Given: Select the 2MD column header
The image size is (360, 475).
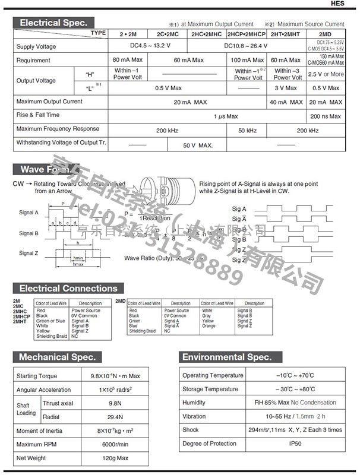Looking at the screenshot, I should [326, 34].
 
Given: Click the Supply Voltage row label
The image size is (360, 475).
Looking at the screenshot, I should [37, 47].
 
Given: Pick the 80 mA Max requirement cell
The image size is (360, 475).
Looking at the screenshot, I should [128, 60].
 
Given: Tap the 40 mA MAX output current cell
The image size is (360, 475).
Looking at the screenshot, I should [287, 102].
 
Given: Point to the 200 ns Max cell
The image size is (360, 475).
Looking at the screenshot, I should [326, 116].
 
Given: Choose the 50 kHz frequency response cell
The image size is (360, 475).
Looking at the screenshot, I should [247, 129].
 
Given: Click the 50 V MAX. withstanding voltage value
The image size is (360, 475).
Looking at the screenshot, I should [197, 145].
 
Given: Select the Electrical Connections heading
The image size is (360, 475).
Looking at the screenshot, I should [68, 289].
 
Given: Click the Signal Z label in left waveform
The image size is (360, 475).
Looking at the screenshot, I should [29, 253].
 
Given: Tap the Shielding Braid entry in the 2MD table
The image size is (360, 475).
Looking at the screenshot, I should [143, 331].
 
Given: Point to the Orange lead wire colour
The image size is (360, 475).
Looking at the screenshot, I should [209, 326].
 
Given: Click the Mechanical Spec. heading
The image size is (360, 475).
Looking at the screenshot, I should [57, 357].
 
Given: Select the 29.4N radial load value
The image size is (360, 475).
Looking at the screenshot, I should [115, 417].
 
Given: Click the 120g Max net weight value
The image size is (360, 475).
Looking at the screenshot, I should [115, 458].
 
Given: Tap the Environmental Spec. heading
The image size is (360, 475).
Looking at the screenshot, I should [227, 357].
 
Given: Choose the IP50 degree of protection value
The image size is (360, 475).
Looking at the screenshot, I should [295, 444].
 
